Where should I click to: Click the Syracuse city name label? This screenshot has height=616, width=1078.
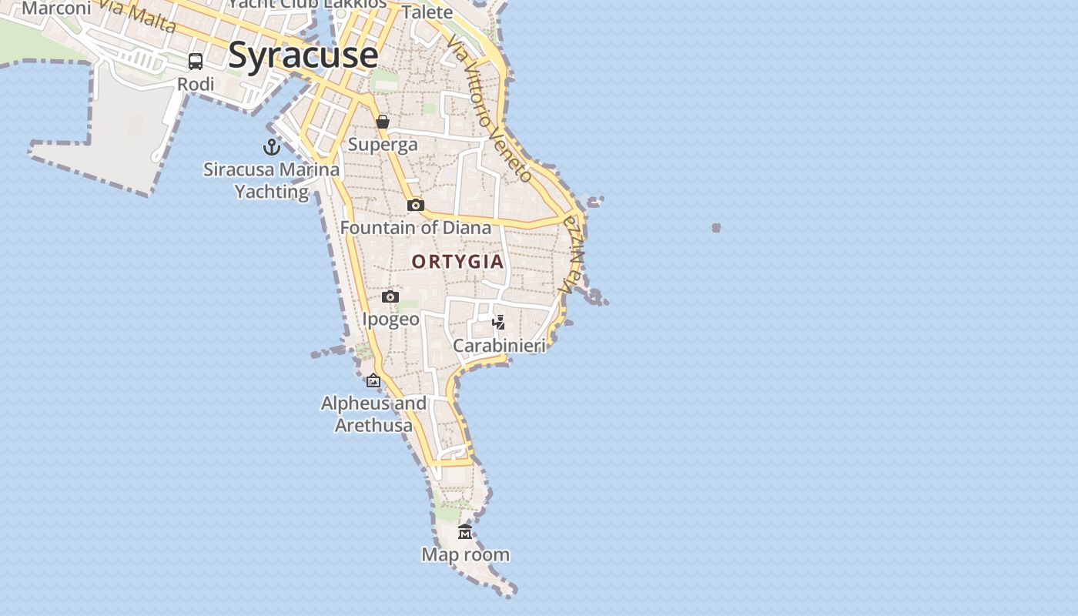pyautogui.click(x=303, y=55)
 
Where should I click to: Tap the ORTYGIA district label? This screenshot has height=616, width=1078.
pyautogui.click(x=457, y=262)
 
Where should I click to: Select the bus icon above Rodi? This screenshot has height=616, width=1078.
pyautogui.click(x=196, y=62)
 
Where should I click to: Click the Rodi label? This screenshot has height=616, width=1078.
pyautogui.click(x=196, y=84)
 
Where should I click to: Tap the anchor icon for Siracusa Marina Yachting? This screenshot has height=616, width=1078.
pyautogui.click(x=271, y=146)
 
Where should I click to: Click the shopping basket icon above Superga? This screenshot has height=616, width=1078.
pyautogui.click(x=383, y=122)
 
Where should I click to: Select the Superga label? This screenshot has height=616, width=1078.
pyautogui.click(x=383, y=144)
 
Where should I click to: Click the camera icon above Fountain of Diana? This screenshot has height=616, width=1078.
pyautogui.click(x=416, y=205)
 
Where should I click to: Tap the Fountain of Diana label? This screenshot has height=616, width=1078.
pyautogui.click(x=416, y=228)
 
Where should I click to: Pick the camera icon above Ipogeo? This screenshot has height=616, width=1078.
pyautogui.click(x=390, y=296)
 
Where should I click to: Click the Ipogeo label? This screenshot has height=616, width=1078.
pyautogui.click(x=391, y=319)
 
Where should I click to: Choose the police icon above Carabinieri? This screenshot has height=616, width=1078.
pyautogui.click(x=499, y=323)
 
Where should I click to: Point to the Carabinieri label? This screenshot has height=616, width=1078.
pyautogui.click(x=499, y=346)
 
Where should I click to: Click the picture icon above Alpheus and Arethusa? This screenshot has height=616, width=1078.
pyautogui.click(x=373, y=380)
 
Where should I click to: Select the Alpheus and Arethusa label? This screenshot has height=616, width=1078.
pyautogui.click(x=373, y=414)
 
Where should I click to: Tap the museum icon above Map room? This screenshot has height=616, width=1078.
pyautogui.click(x=465, y=531)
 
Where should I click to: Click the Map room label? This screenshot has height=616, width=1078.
pyautogui.click(x=465, y=554)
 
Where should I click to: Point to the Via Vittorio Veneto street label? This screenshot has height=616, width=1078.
pyautogui.click(x=489, y=108)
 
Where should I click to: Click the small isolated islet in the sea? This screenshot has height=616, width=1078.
pyautogui.click(x=716, y=228)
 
